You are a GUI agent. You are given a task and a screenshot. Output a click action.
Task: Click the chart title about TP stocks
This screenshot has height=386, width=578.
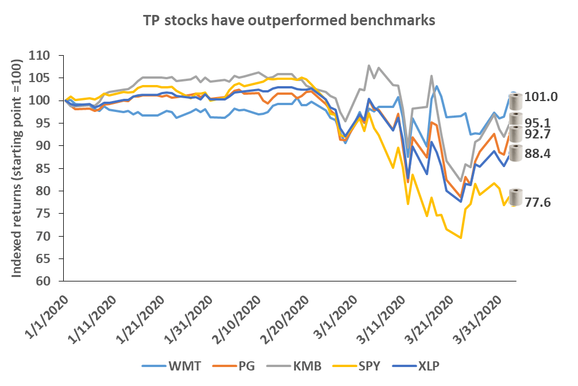pyautogui.click(x=289, y=21)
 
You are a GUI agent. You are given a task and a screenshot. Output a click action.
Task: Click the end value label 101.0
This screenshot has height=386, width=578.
pyautogui.click(x=543, y=97)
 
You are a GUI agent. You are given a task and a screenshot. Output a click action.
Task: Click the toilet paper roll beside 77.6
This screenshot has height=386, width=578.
pyautogui.click(x=516, y=196)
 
